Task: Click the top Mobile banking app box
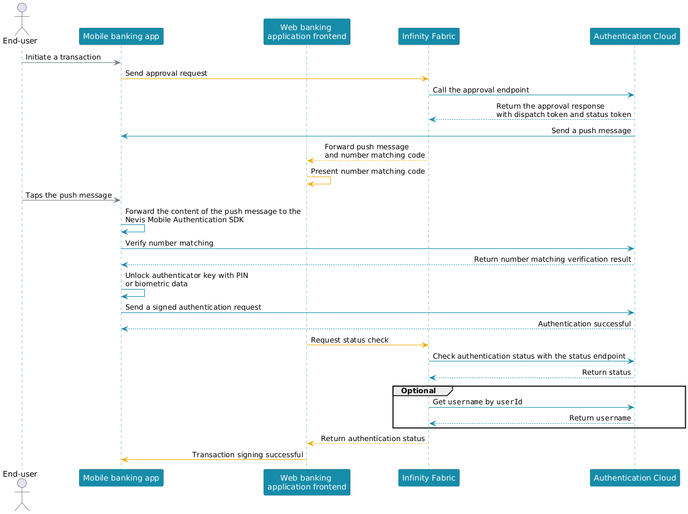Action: point(121,36)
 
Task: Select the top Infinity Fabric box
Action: point(428,36)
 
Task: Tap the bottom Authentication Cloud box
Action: point(635,478)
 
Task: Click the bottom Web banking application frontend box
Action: point(306,482)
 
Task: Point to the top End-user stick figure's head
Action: point(22,7)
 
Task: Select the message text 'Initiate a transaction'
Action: point(63,57)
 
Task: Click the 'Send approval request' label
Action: point(166,74)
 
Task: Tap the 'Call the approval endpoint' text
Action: point(481,90)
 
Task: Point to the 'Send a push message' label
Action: point(591,131)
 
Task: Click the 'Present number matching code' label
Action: point(367,172)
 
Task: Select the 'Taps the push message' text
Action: point(69,195)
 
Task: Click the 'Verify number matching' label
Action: point(169,243)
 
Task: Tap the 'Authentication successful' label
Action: point(584,324)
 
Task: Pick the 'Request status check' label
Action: point(349,340)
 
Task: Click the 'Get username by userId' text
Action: point(477,402)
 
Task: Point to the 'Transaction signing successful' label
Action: point(247,454)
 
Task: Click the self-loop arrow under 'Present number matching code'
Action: point(330,180)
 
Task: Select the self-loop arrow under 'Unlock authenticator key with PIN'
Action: point(144,293)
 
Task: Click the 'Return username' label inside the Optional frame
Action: point(599,418)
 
